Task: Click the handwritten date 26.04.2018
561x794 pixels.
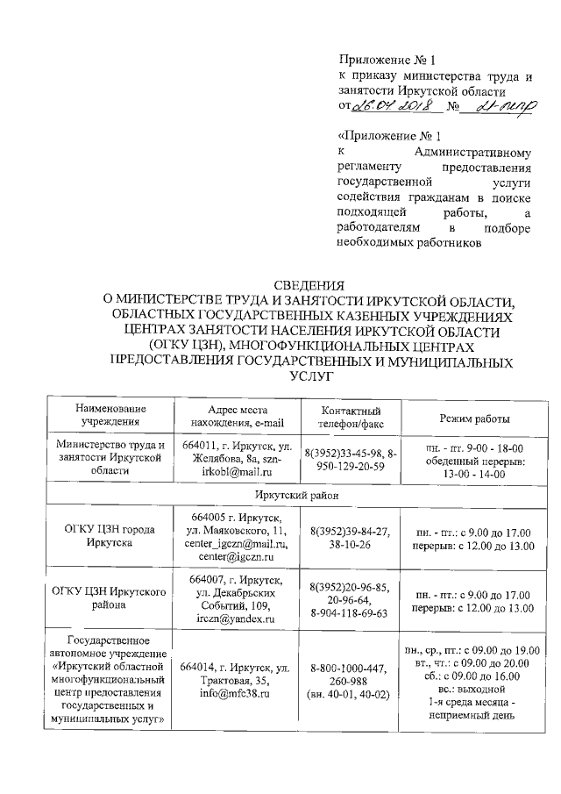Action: point(388,107)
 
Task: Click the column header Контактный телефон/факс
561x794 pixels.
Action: point(351,418)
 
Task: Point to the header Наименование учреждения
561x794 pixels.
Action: point(110,418)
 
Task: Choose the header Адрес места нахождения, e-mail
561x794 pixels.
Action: point(237,418)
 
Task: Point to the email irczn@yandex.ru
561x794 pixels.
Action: point(237,619)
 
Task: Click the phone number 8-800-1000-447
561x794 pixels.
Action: point(351,669)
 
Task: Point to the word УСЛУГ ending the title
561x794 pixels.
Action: point(304,376)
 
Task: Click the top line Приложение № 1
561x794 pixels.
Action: point(387,61)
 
